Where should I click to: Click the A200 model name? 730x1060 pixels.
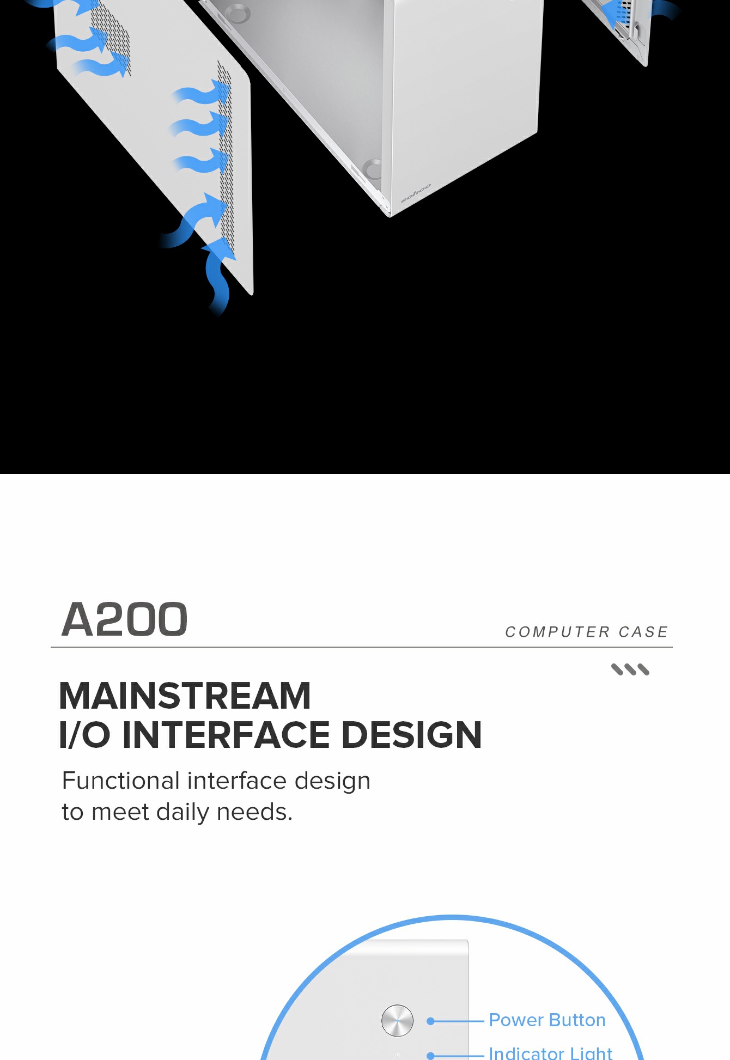(125, 619)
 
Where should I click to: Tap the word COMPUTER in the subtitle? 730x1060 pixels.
(557, 632)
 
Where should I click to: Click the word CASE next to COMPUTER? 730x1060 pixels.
(643, 632)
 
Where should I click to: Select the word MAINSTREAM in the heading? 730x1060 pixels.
(185, 696)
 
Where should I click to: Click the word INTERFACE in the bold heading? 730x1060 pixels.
(226, 735)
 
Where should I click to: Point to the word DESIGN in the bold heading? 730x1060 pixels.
(411, 735)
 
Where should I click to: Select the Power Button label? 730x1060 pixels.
(547, 1020)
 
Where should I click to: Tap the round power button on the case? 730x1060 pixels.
(397, 1020)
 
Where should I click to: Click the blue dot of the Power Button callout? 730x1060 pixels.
(430, 1021)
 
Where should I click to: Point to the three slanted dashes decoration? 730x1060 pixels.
(630, 669)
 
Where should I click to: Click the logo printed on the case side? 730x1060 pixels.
(416, 193)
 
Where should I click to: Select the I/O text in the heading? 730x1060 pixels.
(84, 735)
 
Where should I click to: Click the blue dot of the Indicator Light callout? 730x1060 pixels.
(430, 1056)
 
